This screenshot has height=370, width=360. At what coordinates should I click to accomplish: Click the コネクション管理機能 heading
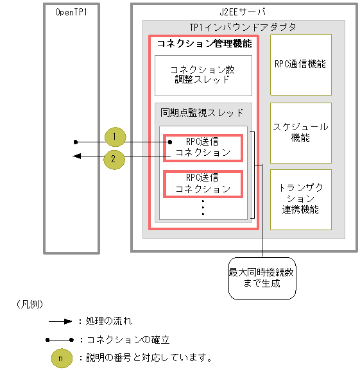[204, 44]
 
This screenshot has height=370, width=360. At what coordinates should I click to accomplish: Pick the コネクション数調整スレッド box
[203, 74]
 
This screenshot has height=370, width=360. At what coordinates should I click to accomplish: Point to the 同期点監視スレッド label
[202, 113]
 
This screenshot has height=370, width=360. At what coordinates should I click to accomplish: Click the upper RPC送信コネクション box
[203, 147]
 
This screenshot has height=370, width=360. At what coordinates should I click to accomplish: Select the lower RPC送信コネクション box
[203, 183]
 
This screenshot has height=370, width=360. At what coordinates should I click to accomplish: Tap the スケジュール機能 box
[300, 132]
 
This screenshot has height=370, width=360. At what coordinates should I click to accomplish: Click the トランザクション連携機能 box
[300, 199]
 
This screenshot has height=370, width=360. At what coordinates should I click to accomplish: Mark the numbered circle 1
[114, 137]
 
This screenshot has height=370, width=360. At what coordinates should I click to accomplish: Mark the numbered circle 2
[114, 160]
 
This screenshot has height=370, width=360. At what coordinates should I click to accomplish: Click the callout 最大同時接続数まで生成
[262, 278]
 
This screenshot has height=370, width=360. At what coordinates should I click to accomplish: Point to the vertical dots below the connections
[203, 207]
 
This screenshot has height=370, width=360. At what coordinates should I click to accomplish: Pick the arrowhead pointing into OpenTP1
[76, 156]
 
